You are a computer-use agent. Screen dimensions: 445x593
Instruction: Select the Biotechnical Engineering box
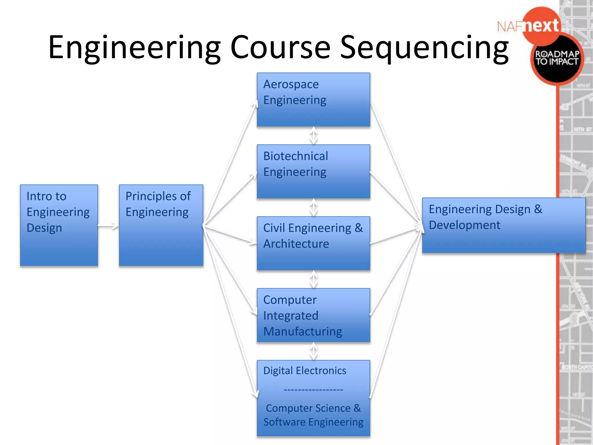point(313,171)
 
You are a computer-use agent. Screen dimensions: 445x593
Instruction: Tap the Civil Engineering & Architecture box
point(313,243)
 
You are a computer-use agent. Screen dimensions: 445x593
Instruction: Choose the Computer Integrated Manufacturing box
point(313,315)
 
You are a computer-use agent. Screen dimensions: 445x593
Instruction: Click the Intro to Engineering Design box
point(59,225)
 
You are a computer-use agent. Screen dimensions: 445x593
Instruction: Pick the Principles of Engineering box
point(161,225)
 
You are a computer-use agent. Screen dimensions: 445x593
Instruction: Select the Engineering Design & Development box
point(504,225)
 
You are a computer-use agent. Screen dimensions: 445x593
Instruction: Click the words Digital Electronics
point(305,371)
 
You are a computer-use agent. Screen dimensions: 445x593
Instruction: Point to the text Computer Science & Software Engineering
point(313,415)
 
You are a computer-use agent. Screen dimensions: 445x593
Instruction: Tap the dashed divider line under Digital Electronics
point(313,390)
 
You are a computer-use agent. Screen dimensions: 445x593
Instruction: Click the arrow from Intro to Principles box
point(108,226)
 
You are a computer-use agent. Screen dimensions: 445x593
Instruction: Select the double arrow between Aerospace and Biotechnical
point(314,136)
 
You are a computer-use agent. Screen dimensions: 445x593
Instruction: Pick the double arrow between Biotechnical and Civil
point(314,207)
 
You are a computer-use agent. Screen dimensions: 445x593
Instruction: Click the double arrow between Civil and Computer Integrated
point(314,279)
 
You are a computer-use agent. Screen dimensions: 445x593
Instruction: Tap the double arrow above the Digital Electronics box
point(314,351)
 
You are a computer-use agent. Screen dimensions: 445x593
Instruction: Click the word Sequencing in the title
point(424,47)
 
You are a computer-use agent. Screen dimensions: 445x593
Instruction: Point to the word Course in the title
point(280,47)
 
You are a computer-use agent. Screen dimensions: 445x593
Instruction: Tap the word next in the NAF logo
point(541,26)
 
